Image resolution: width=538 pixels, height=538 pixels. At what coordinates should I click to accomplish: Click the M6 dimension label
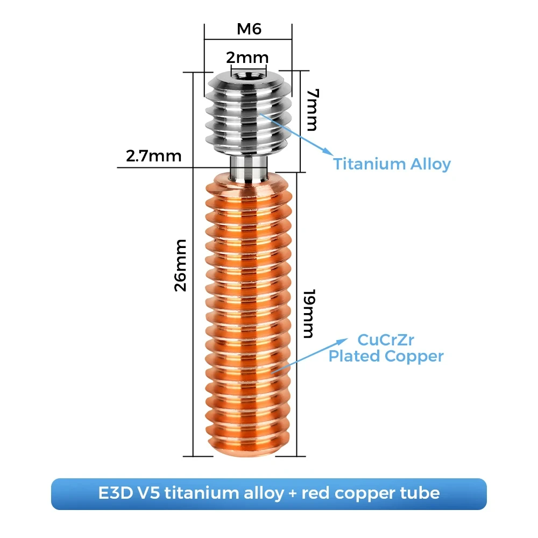249,29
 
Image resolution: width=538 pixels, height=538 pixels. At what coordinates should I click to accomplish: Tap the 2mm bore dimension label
247,58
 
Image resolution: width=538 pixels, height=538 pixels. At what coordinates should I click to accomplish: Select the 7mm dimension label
310,110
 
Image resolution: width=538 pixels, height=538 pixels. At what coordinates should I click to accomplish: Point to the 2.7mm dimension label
153,156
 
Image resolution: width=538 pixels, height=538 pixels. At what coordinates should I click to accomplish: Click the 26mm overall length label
181,265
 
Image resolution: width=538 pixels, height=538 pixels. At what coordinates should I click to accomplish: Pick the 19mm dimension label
307,314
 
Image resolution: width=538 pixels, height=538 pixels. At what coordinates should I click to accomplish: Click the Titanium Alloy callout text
392,164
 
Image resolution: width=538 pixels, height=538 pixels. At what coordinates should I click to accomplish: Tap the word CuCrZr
386,340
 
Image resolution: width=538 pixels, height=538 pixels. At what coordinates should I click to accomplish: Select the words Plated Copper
386,356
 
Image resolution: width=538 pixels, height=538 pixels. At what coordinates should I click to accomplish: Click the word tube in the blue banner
421,493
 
